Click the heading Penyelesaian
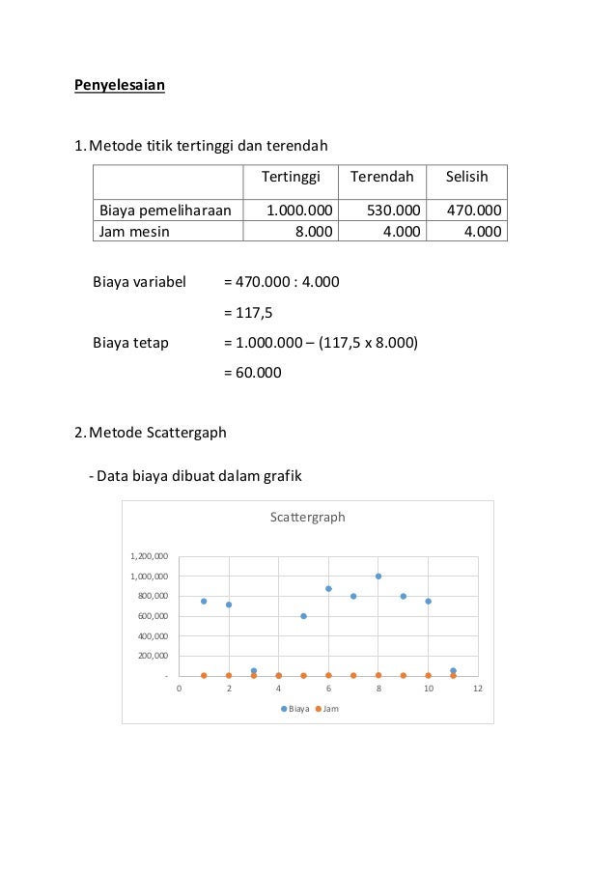[x=121, y=86]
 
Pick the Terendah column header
[x=381, y=178]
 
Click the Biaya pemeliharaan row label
[x=165, y=211]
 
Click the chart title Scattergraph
[x=306, y=517]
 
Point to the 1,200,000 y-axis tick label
[x=149, y=556]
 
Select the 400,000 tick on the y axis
[x=152, y=636]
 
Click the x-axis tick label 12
[x=477, y=689]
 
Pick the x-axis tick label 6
[x=328, y=689]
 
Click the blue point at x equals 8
[x=378, y=577]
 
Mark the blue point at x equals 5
[x=303, y=616]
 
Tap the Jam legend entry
[x=325, y=709]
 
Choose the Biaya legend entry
[x=295, y=709]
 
